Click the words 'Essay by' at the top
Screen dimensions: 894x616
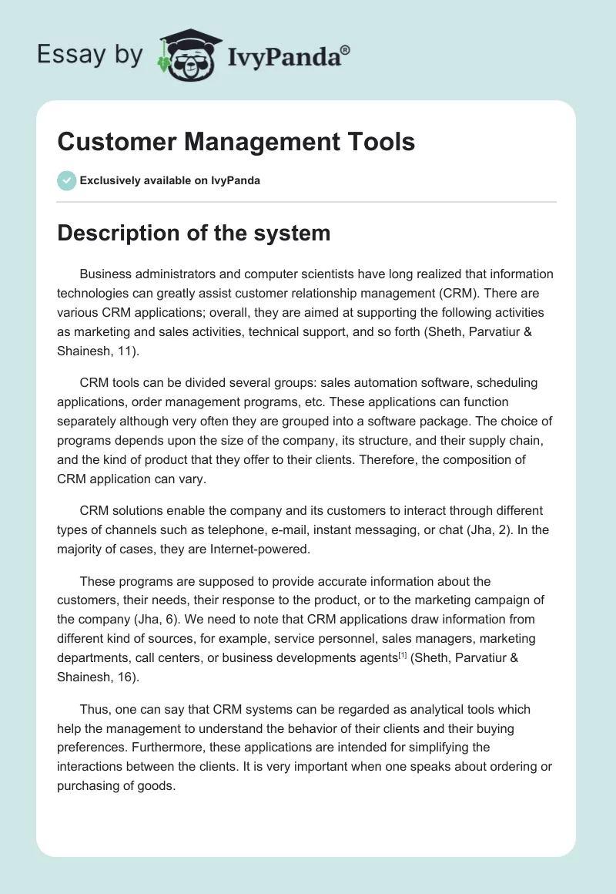click(x=90, y=55)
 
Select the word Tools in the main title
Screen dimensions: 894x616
click(x=377, y=143)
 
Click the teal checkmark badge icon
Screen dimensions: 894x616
click(x=66, y=180)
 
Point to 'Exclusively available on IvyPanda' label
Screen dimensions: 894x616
click(x=169, y=181)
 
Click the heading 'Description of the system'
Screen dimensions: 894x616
click(x=193, y=233)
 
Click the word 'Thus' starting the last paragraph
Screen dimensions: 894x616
click(x=93, y=710)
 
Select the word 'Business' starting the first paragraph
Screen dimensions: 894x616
click(x=105, y=274)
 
